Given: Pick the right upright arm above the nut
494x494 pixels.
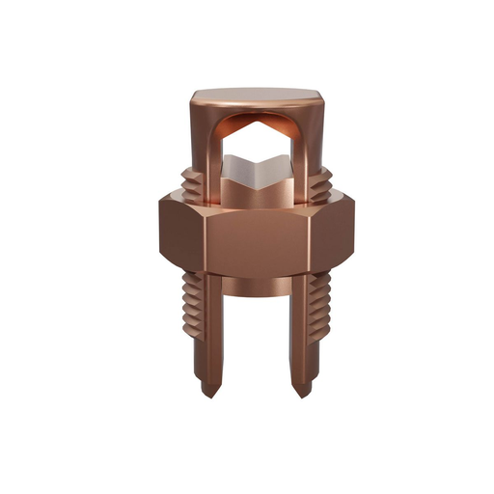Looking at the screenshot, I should [x=311, y=154].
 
